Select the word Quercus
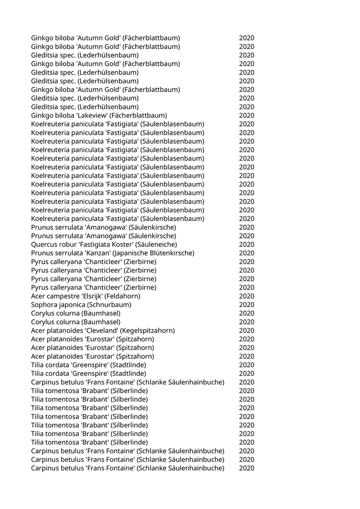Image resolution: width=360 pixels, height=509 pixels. pos(44,244)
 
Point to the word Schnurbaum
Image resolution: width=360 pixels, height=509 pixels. pos(109,304)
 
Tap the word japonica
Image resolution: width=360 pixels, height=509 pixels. pos(72,304)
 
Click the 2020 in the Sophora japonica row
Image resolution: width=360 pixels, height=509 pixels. pos(246,304)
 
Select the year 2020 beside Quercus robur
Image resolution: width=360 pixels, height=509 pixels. pos(246,244)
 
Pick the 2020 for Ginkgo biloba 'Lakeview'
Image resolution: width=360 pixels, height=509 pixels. pos(246,115)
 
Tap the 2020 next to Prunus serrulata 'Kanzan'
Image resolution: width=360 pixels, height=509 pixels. pos(246,253)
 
